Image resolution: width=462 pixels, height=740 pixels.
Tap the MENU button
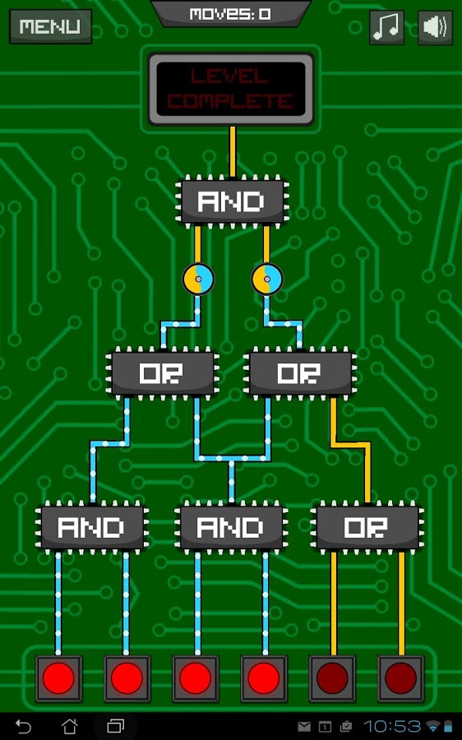click(x=50, y=26)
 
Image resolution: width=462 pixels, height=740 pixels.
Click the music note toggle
click(x=386, y=27)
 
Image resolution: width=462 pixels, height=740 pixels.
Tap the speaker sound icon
click(x=435, y=27)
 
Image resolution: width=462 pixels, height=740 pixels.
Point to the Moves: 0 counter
click(x=230, y=14)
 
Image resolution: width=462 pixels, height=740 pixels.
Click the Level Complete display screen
click(x=231, y=89)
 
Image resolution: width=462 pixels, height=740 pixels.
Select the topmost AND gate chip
click(x=232, y=201)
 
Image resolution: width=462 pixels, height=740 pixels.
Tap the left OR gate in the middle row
click(x=162, y=373)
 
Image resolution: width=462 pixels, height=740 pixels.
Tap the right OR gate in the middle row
click(x=300, y=373)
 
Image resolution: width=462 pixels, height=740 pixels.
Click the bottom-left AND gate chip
click(x=92, y=527)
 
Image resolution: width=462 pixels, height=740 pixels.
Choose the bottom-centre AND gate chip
click(x=231, y=527)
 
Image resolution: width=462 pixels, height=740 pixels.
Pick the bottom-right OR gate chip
click(x=367, y=527)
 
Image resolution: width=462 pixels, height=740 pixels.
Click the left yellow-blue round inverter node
click(x=198, y=279)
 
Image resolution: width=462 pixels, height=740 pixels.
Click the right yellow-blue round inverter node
click(x=267, y=279)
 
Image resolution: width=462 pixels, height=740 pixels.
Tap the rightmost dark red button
click(x=400, y=678)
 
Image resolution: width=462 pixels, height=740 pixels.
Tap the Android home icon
click(x=70, y=726)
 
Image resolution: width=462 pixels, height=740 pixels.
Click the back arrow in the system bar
click(x=23, y=726)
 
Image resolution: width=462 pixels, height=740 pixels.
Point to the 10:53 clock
click(x=391, y=726)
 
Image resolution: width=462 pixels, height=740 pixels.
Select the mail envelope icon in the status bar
click(x=304, y=727)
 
